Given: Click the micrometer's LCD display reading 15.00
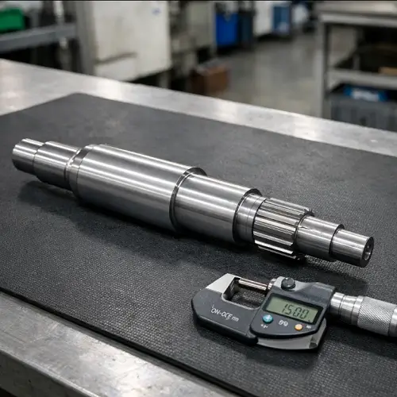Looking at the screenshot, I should coord(292,309).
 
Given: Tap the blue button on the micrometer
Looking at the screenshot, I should coord(268,318).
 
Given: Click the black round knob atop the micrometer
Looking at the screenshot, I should coord(288,283).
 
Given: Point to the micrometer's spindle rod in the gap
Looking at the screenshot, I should coord(253,285).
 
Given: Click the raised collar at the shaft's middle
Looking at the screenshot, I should coord(184,196).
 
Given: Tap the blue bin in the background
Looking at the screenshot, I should coord(227,28).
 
